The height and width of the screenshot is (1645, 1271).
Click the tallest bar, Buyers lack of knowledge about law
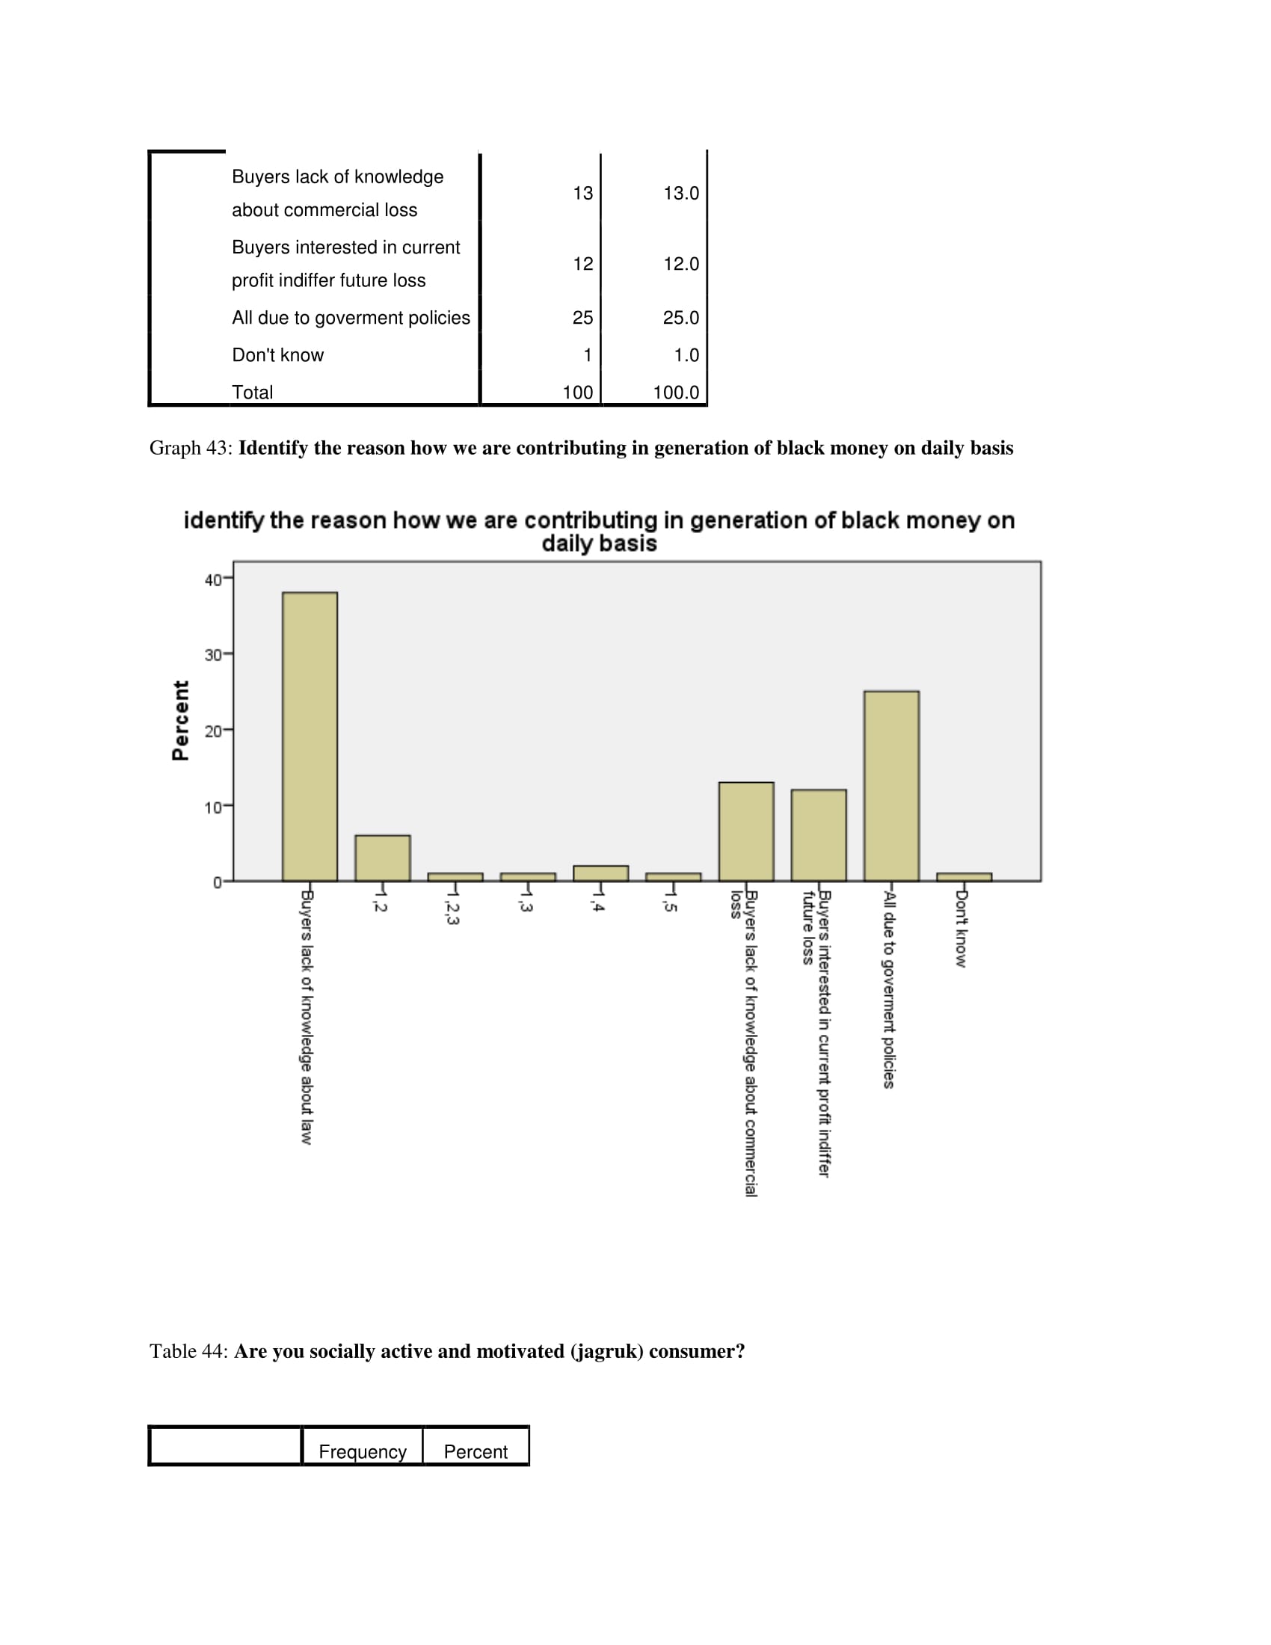310,736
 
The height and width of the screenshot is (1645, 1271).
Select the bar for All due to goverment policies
890,786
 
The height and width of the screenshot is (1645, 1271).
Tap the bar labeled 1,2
383,858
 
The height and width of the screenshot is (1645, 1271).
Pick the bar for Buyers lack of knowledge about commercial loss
745,831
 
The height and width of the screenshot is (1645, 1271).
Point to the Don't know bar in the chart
964,877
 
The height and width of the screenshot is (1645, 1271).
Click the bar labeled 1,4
600,873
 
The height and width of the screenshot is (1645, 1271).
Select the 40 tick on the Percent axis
213,580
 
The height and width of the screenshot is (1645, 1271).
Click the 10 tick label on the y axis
213,808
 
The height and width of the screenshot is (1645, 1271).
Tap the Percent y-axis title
181,720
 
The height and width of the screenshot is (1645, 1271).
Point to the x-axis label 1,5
670,903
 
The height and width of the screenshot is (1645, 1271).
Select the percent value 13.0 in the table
680,194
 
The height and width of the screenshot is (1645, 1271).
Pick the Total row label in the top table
252,393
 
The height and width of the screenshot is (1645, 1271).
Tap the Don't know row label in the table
278,355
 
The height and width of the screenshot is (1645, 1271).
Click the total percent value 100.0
675,393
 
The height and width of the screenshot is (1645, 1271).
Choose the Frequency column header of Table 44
362,1451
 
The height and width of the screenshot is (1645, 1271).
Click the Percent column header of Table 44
475,1451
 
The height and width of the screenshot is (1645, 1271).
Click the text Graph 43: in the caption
191,448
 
